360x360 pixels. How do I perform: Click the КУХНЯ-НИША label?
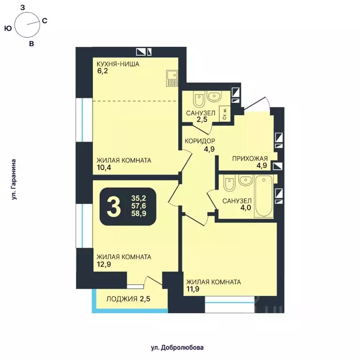[x=118, y=64]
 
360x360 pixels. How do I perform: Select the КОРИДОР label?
[x=200, y=141]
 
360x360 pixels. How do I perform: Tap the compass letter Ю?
[x=7, y=29]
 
